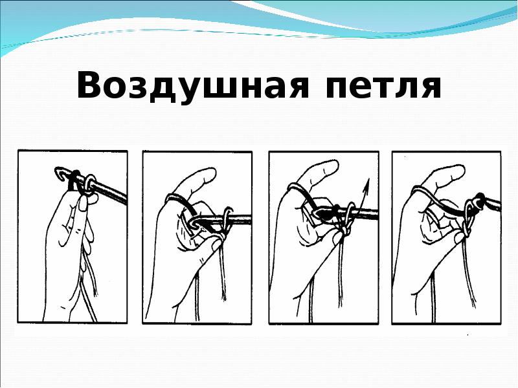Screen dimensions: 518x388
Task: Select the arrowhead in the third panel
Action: click(x=366, y=184)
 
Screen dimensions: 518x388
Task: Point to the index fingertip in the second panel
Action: click(x=207, y=174)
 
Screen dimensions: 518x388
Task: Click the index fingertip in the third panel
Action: click(x=330, y=166)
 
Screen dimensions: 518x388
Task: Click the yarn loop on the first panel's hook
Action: click(x=90, y=182)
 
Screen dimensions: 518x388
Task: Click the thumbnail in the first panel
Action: click(x=84, y=203)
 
